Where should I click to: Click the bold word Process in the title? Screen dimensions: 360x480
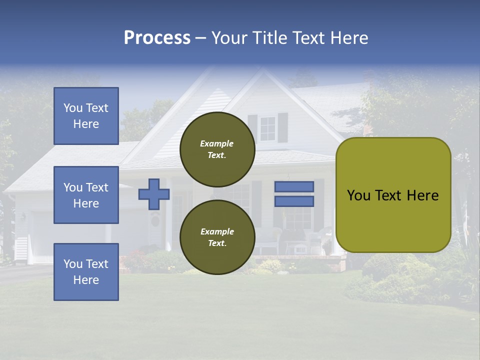(x=157, y=38)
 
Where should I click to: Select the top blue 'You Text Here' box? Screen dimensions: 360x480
(x=86, y=116)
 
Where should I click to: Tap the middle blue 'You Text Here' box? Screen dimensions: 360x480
(x=86, y=195)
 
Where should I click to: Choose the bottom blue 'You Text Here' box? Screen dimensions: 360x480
(x=86, y=272)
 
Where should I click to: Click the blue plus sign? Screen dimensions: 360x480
(x=154, y=194)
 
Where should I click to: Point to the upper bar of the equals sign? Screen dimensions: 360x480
(x=294, y=186)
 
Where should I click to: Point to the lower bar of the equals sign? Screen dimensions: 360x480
(x=294, y=201)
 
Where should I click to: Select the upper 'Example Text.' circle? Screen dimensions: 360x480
(x=217, y=149)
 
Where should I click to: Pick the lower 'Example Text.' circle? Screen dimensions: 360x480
(x=217, y=237)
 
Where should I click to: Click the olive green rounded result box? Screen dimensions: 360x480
(x=393, y=195)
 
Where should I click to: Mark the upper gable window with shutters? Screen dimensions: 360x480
(x=267, y=128)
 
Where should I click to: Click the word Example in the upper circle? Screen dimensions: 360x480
(x=216, y=143)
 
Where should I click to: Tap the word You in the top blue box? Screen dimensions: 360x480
(x=73, y=108)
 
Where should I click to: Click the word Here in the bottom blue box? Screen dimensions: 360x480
(x=86, y=280)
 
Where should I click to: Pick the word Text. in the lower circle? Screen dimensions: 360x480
(x=217, y=243)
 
